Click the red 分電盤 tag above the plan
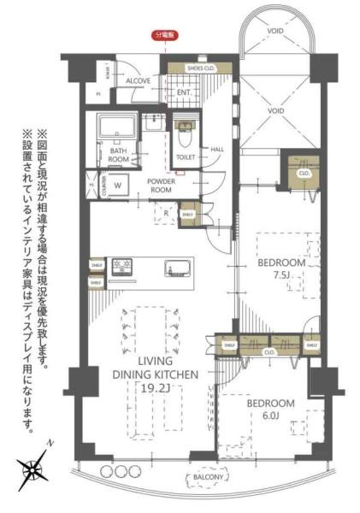coord(162,35)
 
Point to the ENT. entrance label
coord(184,91)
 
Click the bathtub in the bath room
coord(118,128)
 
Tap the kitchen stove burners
coord(121,266)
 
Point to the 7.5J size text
coord(281,275)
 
